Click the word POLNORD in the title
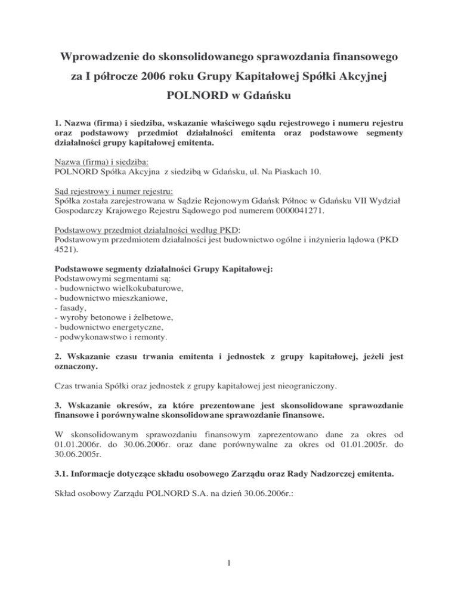click(192, 97)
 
